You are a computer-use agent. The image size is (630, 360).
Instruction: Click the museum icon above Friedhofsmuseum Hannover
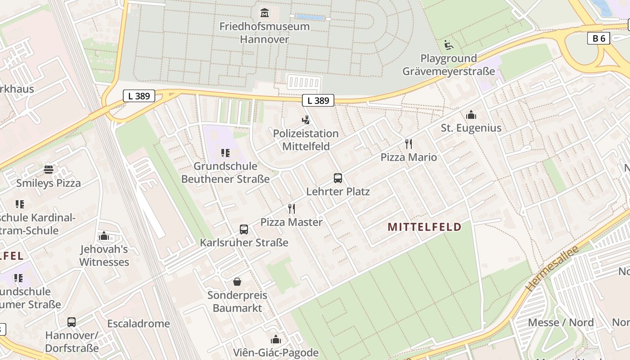tap(264, 13)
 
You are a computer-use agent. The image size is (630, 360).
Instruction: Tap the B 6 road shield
tap(598, 38)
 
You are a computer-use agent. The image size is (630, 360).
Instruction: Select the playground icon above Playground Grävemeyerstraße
tap(449, 45)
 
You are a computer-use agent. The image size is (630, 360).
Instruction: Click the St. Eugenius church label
tap(471, 128)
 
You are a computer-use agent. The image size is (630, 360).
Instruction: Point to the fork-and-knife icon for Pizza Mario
tap(409, 144)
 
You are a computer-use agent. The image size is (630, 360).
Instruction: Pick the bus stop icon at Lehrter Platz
tap(338, 178)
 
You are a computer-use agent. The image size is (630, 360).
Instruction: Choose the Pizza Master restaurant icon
tap(292, 209)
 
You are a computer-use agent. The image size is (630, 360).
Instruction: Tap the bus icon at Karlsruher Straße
tap(244, 229)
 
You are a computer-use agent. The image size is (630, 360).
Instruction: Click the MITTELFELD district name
tap(424, 227)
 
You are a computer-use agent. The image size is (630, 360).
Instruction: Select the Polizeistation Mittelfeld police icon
tap(306, 120)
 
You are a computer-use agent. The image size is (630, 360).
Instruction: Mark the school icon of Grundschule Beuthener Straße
tap(225, 153)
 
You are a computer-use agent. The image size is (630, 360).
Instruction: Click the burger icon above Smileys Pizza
tap(49, 170)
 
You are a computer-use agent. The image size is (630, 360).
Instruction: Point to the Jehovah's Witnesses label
tap(104, 256)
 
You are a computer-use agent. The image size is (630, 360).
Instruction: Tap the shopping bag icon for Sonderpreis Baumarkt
tap(237, 282)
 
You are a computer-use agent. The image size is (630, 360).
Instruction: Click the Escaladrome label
tap(139, 324)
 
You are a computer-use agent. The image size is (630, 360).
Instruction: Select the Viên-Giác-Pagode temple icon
tap(275, 339)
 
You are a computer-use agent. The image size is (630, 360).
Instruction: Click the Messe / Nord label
tap(561, 322)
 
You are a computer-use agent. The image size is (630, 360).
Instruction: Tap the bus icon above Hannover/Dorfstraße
tap(72, 322)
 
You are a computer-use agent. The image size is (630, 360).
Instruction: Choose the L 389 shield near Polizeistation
tap(318, 100)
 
